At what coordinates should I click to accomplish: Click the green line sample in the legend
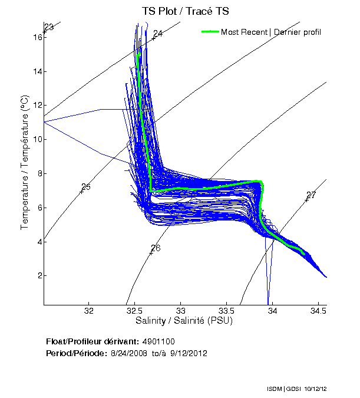point(210,32)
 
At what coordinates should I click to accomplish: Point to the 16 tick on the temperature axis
point(38,37)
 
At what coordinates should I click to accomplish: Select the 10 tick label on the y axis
point(38,139)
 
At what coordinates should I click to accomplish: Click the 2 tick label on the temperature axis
point(39,275)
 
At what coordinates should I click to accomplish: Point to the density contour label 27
point(311,195)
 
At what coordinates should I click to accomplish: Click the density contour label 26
point(156,248)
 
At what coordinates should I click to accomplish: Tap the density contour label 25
point(85,187)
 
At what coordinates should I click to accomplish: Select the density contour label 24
point(157,34)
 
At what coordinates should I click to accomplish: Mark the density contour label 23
point(49,27)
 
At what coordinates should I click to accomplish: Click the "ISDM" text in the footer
point(274,390)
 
